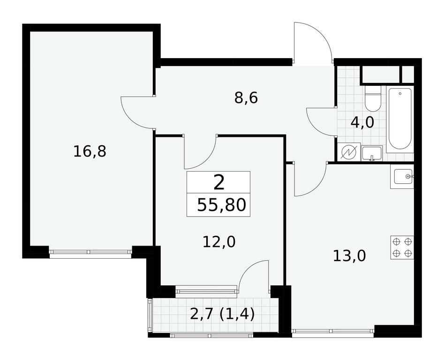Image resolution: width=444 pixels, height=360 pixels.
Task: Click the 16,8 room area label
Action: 90,151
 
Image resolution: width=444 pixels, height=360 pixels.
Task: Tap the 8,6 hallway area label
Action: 246,98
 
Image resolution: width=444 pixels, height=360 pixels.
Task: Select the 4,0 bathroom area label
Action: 362,122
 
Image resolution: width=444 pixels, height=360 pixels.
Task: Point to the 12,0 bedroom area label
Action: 219,242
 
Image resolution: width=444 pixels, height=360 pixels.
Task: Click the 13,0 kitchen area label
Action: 349,256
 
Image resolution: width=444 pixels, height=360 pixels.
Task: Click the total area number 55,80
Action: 221,205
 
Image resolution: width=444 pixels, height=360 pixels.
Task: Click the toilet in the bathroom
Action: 373,98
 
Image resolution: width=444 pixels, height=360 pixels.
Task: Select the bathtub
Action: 399,119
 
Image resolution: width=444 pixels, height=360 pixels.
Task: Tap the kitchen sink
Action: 402,176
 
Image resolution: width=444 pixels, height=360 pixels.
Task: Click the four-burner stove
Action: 402,247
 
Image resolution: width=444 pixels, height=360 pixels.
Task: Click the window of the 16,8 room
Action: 90,251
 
